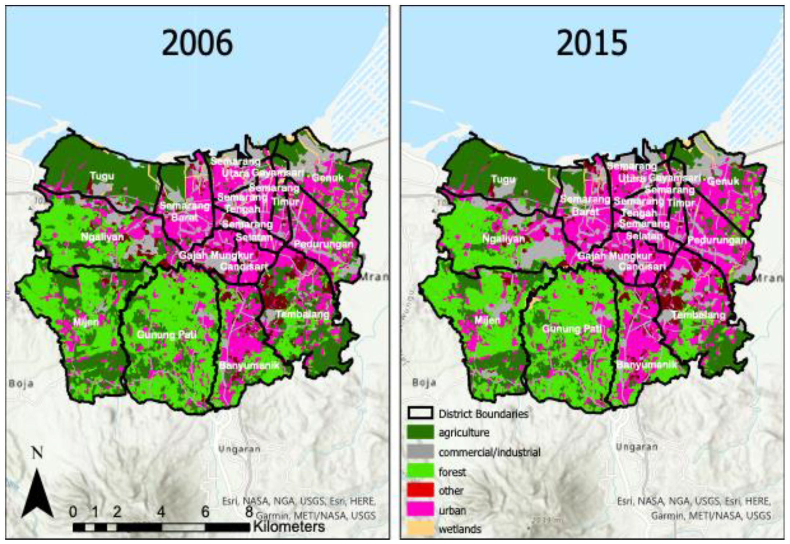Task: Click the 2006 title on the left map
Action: click(197, 43)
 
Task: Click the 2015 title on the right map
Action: click(591, 43)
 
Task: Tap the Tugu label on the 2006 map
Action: click(102, 176)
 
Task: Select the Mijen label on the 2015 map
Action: click(487, 320)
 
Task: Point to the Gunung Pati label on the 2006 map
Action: click(167, 334)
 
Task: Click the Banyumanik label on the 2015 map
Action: click(647, 365)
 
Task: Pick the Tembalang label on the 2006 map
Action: click(303, 314)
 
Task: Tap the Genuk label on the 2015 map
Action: click(723, 181)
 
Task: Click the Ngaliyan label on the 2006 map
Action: click(102, 237)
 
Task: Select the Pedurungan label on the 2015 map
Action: click(717, 240)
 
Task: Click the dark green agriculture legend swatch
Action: click(420, 433)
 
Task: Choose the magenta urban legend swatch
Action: click(420, 510)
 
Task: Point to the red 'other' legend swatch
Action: click(420, 490)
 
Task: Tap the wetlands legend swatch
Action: click(420, 529)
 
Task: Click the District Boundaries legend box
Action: click(420, 413)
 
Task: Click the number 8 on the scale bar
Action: click(249, 511)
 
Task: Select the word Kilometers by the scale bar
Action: click(289, 527)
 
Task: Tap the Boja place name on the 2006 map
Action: click(21, 384)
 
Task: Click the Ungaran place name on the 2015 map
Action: click(636, 447)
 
